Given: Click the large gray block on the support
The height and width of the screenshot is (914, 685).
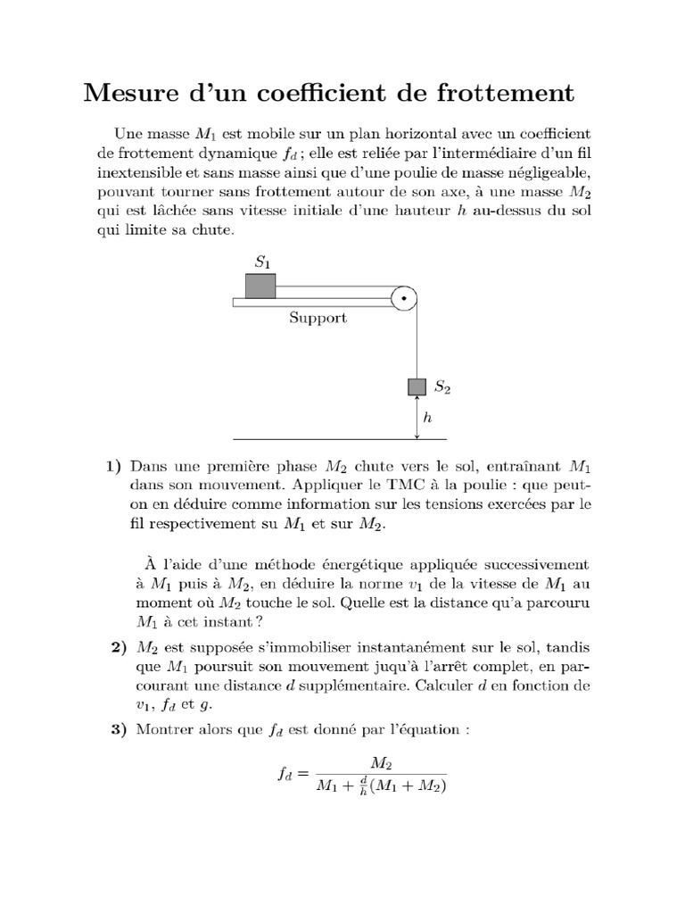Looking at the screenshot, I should [x=260, y=286].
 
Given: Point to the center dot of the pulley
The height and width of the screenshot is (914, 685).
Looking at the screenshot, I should [x=404, y=298].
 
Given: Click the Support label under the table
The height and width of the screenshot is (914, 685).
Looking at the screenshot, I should [x=318, y=318].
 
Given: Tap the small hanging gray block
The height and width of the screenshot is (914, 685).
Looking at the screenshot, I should [x=417, y=386].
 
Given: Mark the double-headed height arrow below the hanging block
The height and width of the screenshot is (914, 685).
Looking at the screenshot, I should [x=417, y=417].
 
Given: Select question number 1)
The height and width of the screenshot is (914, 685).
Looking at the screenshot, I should [x=113, y=466].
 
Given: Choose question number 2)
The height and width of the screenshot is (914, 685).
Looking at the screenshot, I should [x=113, y=647].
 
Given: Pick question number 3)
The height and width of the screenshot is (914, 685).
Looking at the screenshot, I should [x=113, y=729].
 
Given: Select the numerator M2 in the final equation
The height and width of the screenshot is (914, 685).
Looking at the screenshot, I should [x=381, y=764].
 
